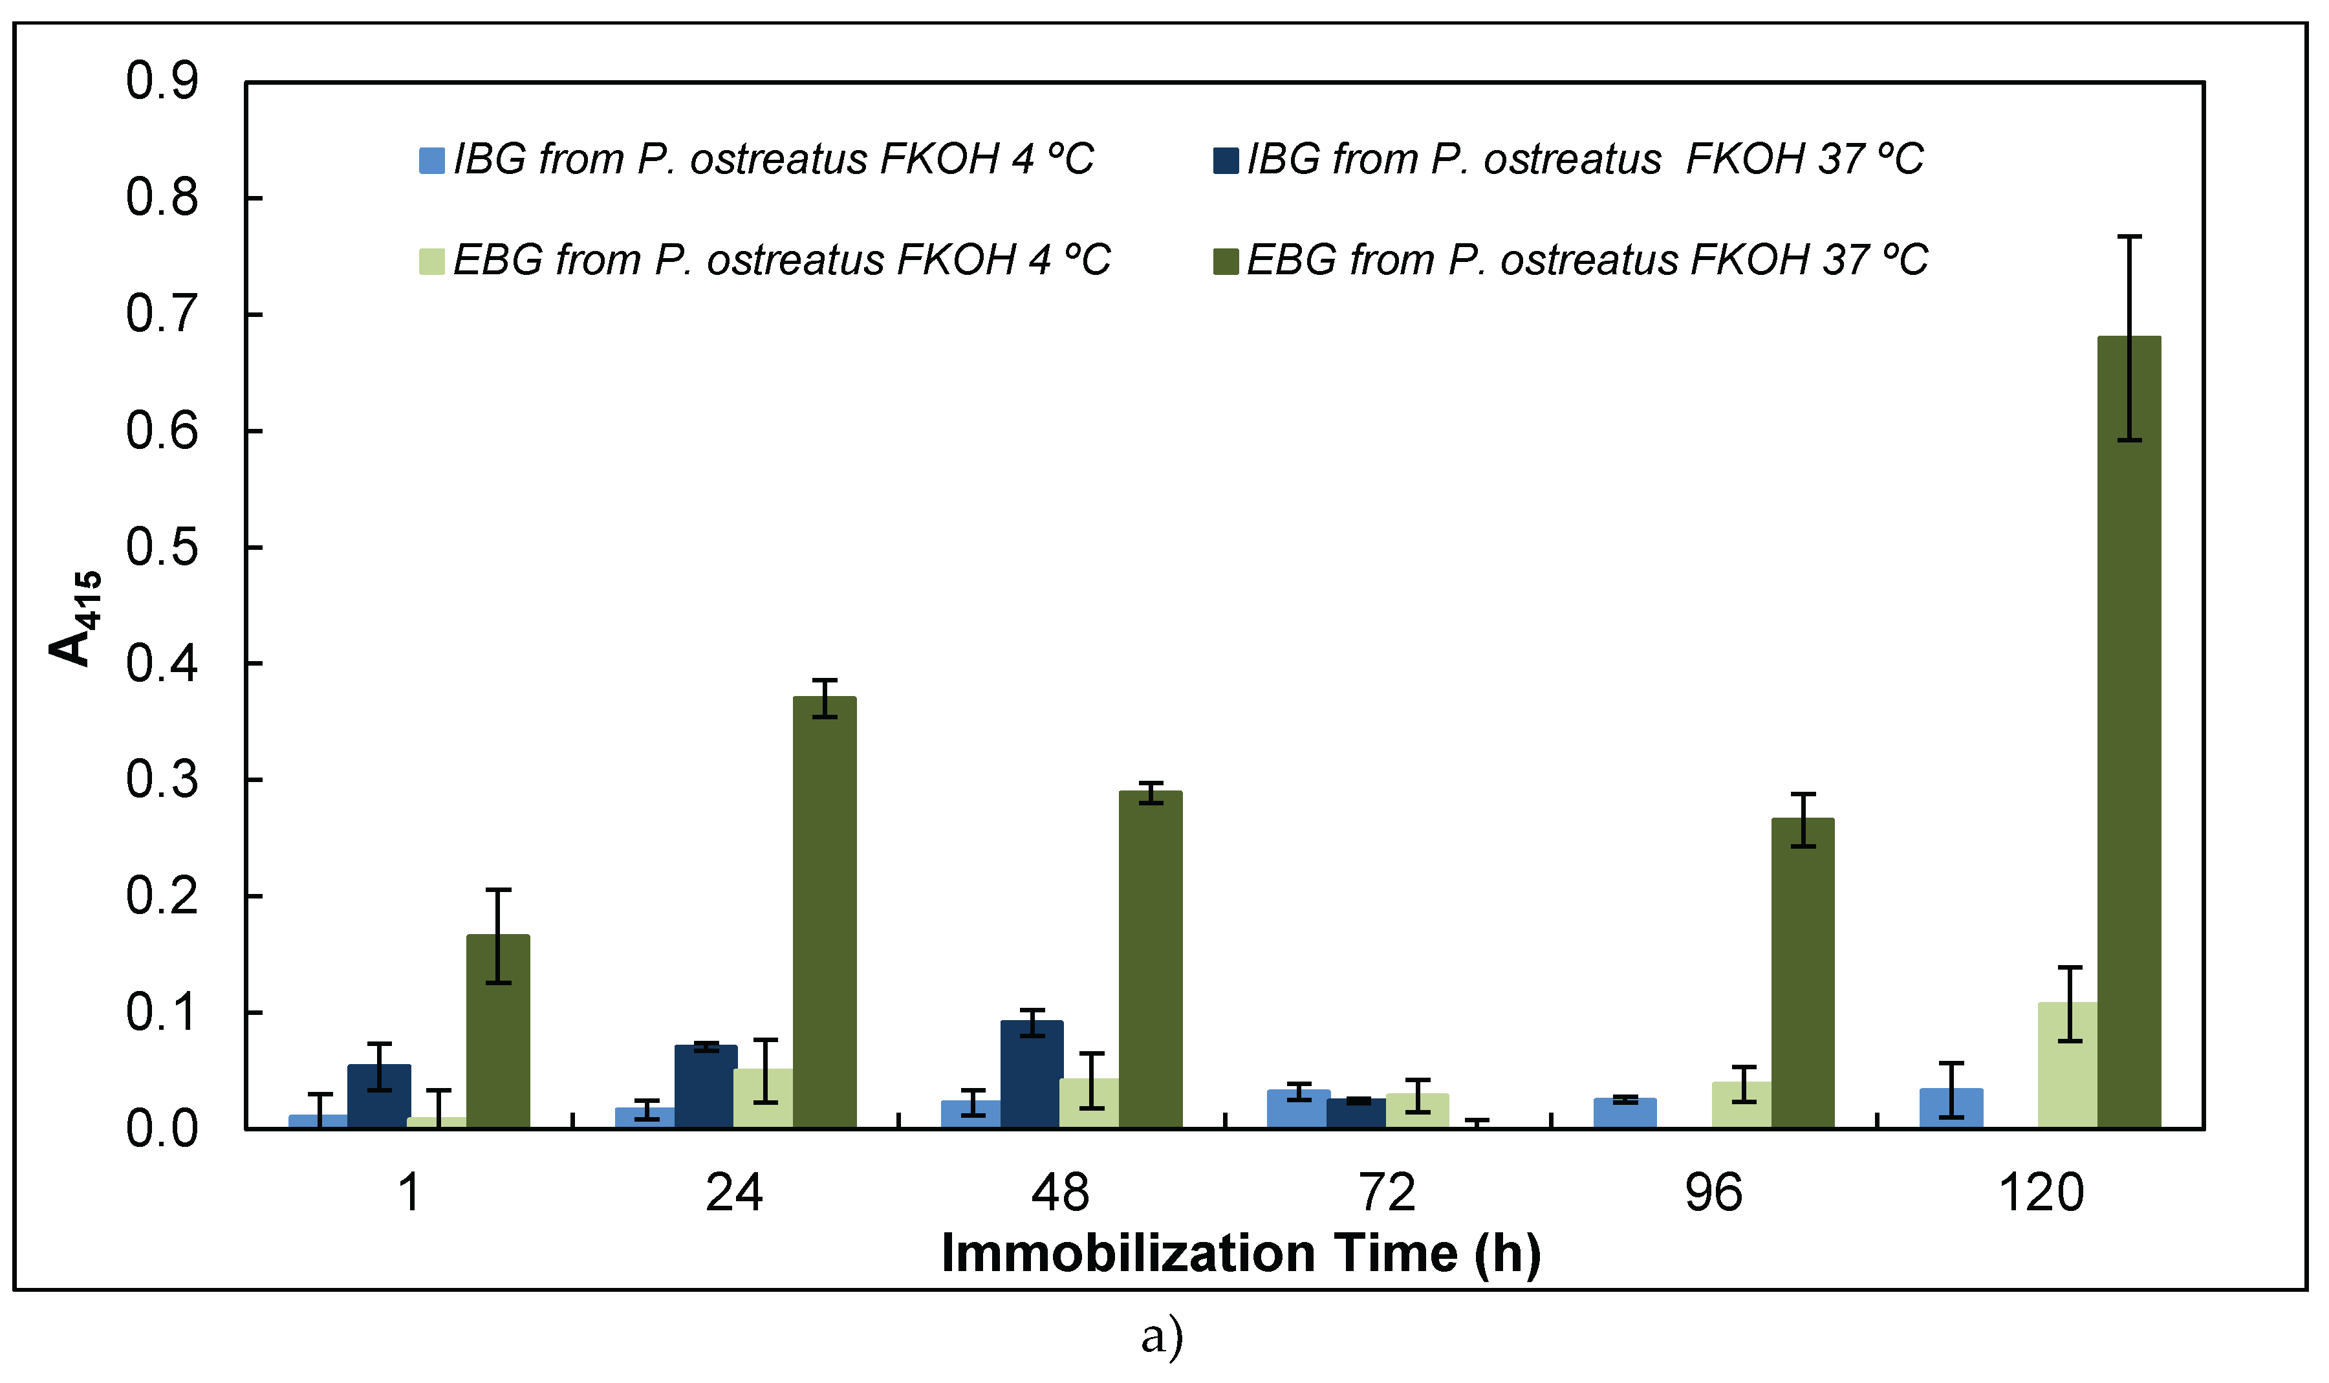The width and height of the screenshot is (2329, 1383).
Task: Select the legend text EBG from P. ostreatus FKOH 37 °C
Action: [x=1587, y=260]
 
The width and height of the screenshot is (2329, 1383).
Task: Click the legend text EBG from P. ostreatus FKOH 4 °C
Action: [x=781, y=260]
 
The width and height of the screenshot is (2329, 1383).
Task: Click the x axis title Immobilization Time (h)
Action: [x=1241, y=1254]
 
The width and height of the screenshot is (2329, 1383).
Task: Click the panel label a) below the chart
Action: [x=1162, y=1336]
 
